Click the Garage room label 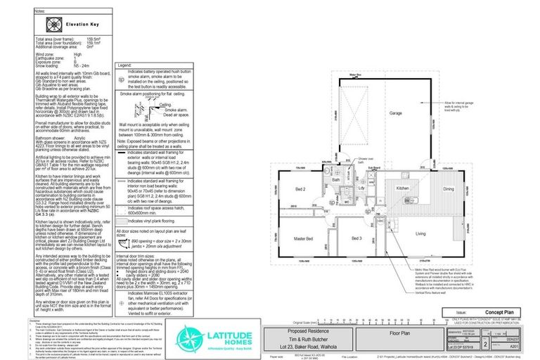pyautogui.click(x=376, y=112)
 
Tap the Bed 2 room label pyautogui.click(x=300, y=191)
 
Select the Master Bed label pyautogui.click(x=303, y=239)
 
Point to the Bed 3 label pyautogui.click(x=355, y=239)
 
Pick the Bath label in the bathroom pyautogui.click(x=337, y=180)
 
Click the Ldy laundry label pyautogui.click(x=362, y=187)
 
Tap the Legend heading pyautogui.click(x=124, y=65)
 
